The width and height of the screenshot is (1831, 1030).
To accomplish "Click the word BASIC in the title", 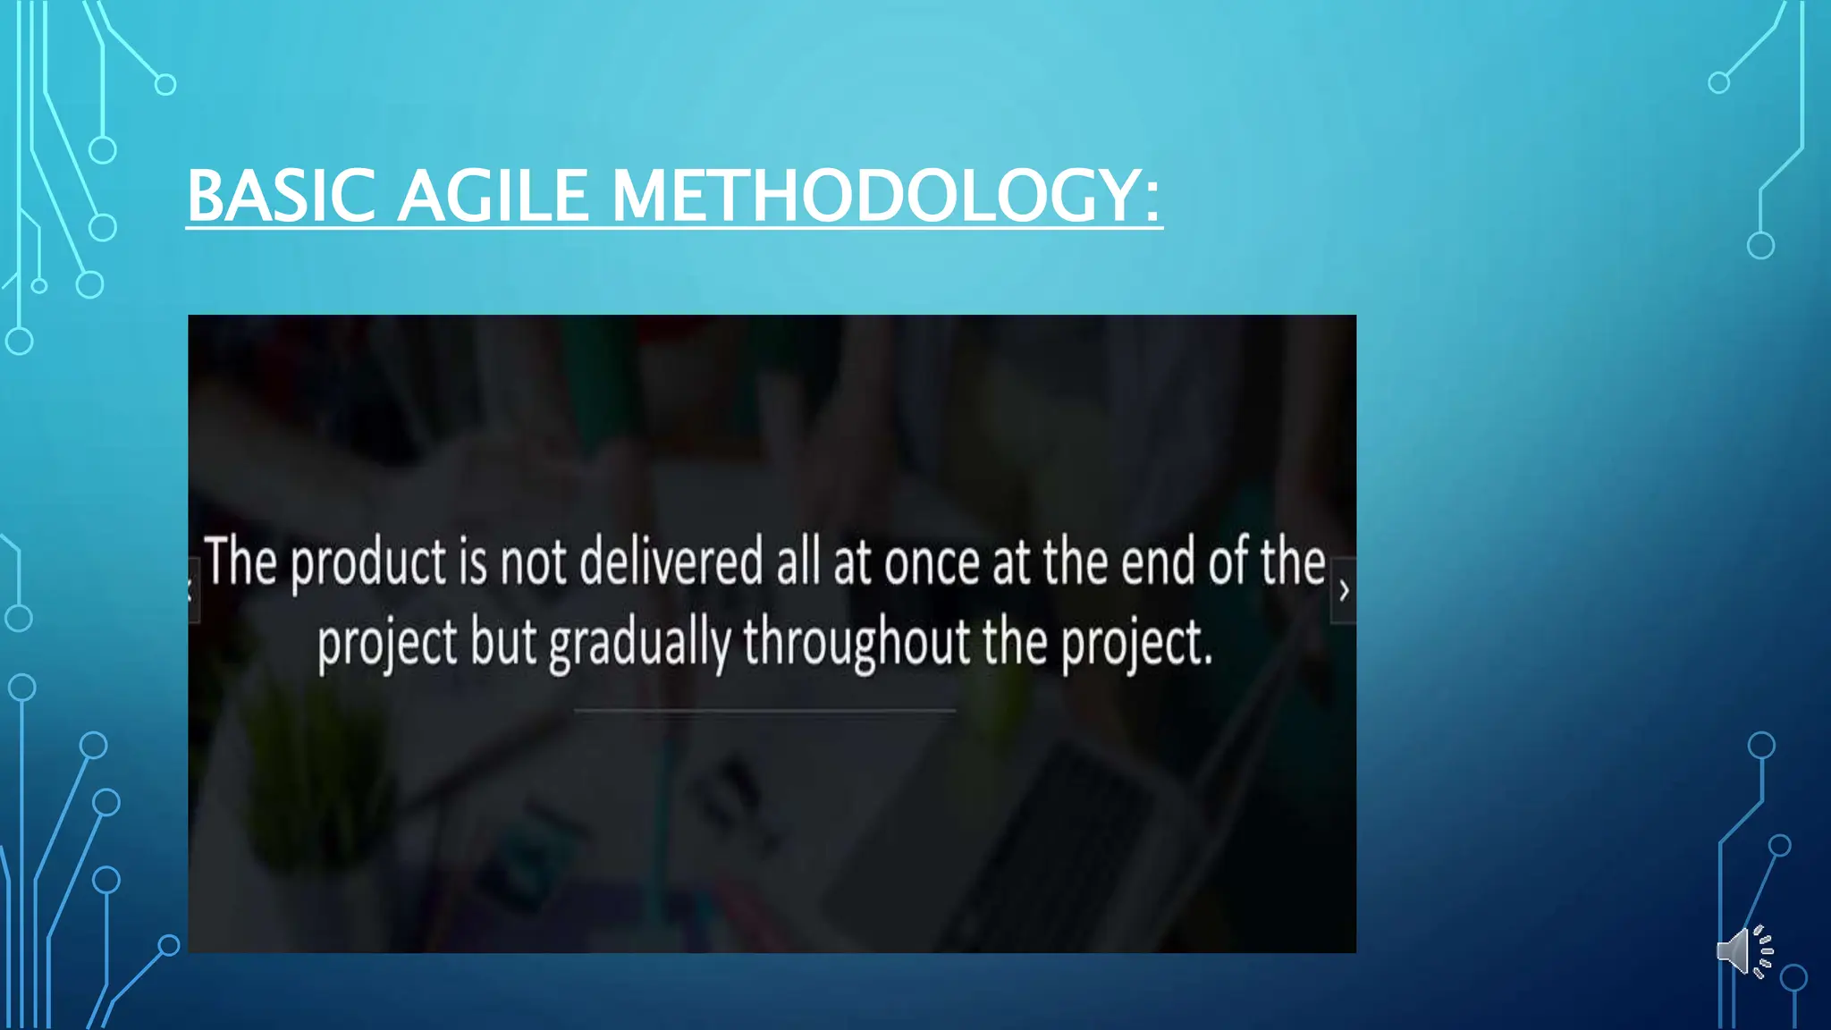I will pos(281,196).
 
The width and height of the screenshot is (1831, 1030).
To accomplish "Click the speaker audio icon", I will pos(1743,951).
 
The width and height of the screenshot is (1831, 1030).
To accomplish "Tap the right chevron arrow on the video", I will pos(1343,590).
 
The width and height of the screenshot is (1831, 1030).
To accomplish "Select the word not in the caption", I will pos(533,564).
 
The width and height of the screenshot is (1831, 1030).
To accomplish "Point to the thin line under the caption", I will pos(764,711).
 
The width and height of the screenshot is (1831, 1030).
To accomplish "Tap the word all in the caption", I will pos(798,562).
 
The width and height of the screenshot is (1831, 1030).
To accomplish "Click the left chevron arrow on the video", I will pos(191,590).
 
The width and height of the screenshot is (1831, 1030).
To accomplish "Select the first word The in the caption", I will pos(240,562).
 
